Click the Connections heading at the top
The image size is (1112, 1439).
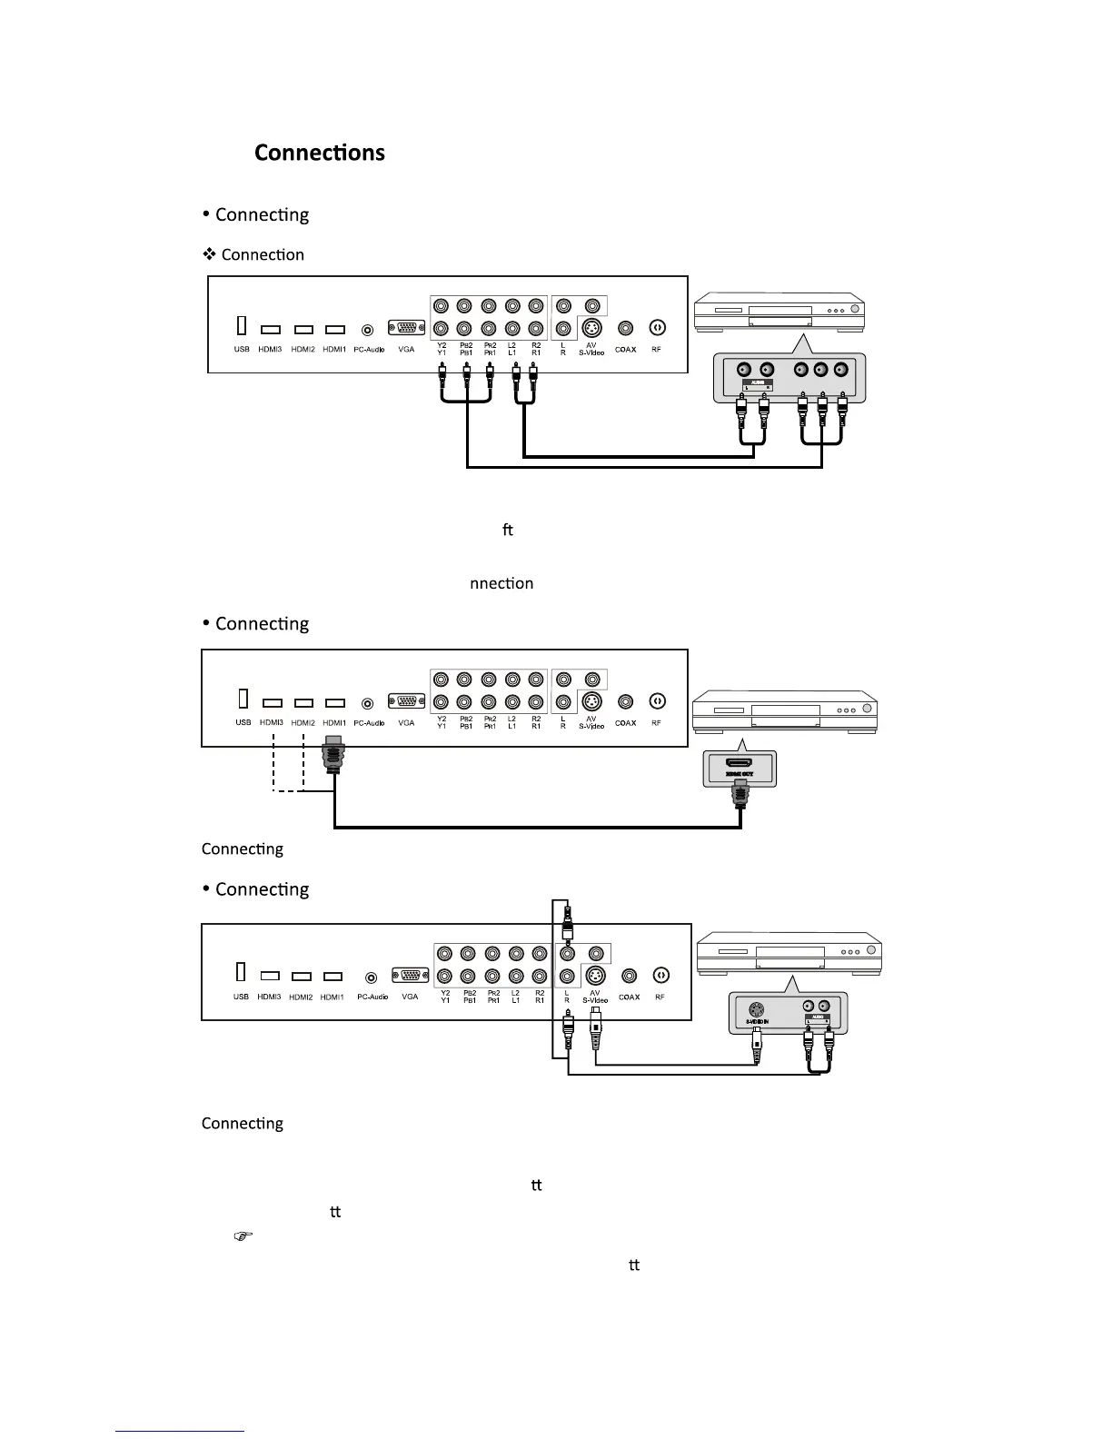[x=319, y=153]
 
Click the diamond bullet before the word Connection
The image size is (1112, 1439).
[x=209, y=254]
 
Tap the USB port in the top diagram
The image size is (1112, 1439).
[x=242, y=325]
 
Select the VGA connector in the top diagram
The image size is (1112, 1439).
[x=405, y=329]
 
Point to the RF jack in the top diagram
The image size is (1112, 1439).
[x=657, y=328]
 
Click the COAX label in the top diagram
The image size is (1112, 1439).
[x=626, y=350]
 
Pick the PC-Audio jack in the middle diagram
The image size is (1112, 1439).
[x=368, y=702]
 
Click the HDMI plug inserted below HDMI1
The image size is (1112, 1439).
[x=334, y=753]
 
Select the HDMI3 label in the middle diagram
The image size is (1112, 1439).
[x=271, y=723]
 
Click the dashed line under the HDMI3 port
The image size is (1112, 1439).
[x=273, y=763]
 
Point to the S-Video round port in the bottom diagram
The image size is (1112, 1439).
[x=595, y=977]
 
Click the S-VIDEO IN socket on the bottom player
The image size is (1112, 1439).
[x=756, y=1007]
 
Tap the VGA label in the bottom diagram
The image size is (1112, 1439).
[x=410, y=997]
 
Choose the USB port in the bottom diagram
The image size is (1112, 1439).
[x=241, y=972]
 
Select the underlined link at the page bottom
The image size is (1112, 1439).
[x=180, y=1430]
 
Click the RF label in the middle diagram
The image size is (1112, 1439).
[x=656, y=723]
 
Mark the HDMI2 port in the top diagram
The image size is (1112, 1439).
[x=303, y=330]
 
